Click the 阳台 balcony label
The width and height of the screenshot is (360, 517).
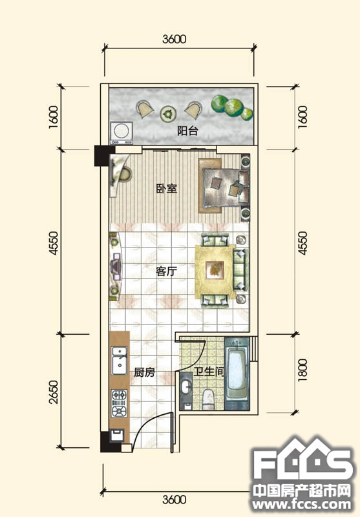tap(187, 131)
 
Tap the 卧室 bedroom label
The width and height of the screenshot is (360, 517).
tap(167, 189)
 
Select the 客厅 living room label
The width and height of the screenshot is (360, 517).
tap(167, 271)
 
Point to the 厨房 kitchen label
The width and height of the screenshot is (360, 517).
tap(144, 373)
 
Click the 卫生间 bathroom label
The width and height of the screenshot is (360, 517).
tap(209, 372)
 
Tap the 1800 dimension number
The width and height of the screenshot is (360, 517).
tap(302, 370)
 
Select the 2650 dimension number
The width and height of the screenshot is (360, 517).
tap(53, 392)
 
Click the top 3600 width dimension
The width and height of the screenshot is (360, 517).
tap(174, 39)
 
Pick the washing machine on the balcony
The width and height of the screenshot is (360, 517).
tap(122, 133)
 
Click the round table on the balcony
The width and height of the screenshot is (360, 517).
tap(168, 114)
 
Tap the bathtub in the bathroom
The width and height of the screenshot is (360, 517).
tap(237, 374)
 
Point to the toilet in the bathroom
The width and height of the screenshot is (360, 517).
tap(208, 399)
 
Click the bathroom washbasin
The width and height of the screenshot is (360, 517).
tap(186, 386)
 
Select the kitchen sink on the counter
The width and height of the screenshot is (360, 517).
tap(119, 361)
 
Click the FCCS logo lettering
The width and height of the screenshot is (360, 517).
tap(302, 462)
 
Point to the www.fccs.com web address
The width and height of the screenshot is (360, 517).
tap(301, 504)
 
